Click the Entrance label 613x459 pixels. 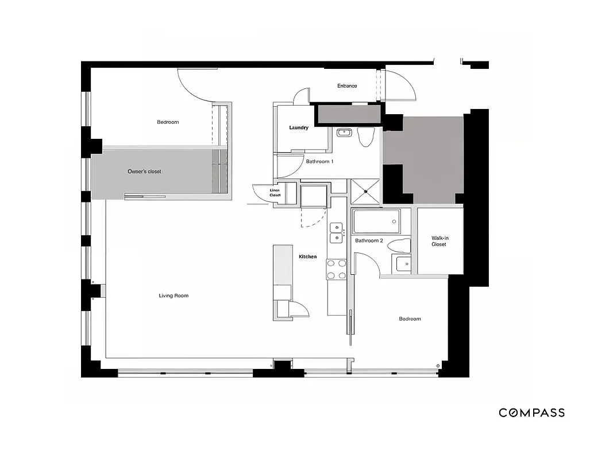click(347, 86)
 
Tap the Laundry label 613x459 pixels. click(299, 127)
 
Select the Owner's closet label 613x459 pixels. click(144, 172)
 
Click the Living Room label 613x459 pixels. click(174, 296)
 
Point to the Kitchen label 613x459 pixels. click(307, 256)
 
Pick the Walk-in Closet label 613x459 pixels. click(439, 241)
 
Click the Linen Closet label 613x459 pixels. click(275, 193)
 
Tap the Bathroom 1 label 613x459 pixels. click(319, 162)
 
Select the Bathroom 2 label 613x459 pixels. click(368, 240)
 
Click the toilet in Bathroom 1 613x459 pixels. click(365, 137)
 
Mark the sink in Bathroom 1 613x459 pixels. click(344, 133)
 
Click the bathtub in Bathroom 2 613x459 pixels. click(376, 221)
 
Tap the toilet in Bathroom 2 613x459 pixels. click(399, 246)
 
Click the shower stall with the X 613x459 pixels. click(365, 191)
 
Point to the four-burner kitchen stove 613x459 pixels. click(336, 270)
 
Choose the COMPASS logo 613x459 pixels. click(531, 413)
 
